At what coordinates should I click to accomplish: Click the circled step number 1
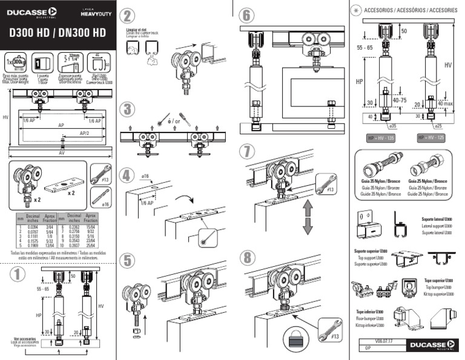click(18, 275)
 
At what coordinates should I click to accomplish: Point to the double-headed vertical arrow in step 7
click(306, 218)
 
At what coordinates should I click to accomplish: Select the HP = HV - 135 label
click(379, 138)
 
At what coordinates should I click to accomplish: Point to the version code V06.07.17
click(375, 341)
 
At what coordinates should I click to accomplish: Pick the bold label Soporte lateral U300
click(436, 220)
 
